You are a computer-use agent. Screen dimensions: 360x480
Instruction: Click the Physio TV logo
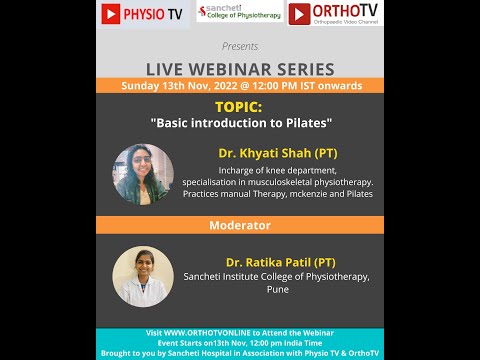tap(144, 14)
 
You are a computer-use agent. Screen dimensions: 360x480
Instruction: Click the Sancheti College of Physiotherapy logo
tap(239, 12)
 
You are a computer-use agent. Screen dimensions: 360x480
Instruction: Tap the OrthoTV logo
tap(334, 13)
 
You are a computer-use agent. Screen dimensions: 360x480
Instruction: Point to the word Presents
tap(239, 46)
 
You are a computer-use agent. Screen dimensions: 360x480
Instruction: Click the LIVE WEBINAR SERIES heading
tap(240, 68)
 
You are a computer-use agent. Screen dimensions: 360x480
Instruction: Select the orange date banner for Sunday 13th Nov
tap(240, 86)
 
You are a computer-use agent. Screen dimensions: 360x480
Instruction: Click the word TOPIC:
tap(240, 105)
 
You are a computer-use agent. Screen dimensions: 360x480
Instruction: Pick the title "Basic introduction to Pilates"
tap(240, 122)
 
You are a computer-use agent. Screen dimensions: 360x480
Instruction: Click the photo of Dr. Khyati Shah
tap(143, 174)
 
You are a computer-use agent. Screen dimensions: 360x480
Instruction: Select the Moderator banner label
tap(240, 225)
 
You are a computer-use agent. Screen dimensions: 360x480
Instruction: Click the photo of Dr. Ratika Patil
tap(143, 277)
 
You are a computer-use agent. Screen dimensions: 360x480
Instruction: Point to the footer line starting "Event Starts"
tap(240, 341)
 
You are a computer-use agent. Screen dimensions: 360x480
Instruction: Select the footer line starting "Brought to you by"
tap(240, 351)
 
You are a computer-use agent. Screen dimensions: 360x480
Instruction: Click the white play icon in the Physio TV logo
tap(112, 14)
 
